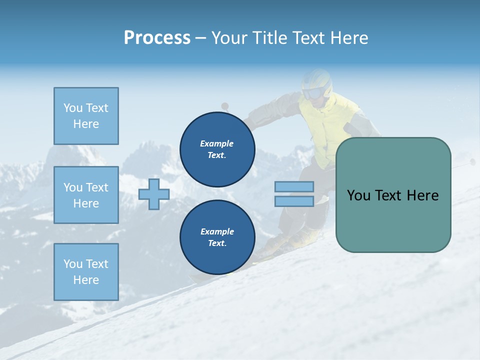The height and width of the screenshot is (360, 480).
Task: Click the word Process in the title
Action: [157, 37]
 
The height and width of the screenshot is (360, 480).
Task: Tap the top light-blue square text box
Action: [86, 116]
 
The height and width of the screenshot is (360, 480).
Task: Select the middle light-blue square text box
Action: [86, 195]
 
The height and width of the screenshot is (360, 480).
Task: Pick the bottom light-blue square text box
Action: [86, 271]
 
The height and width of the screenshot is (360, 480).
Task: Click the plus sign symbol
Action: [154, 194]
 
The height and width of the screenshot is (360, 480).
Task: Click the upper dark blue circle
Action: [217, 149]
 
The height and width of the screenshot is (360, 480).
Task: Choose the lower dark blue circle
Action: [217, 237]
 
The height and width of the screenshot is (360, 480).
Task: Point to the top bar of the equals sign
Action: [294, 186]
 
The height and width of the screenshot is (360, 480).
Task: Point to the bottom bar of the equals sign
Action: [294, 201]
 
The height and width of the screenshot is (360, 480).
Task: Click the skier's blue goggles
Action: [313, 93]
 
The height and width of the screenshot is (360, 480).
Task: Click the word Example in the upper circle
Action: [217, 143]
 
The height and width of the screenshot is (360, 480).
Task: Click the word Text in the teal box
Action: [392, 195]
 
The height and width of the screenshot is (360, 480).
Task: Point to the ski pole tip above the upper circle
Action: [225, 106]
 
